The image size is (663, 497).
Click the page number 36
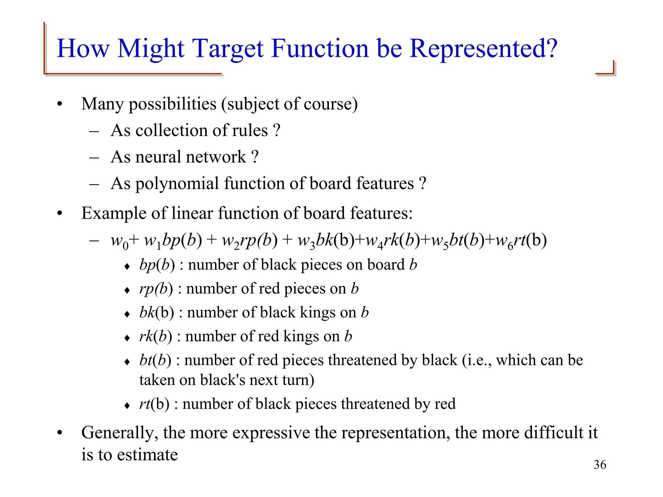tap(600, 465)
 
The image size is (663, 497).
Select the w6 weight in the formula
tap(504, 241)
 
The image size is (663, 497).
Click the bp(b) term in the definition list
tap(157, 265)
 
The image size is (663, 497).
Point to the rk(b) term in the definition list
tap(155, 337)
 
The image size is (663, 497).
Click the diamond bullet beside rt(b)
tap(127, 405)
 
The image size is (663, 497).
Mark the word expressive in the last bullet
tap(271, 433)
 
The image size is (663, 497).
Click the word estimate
tap(147, 455)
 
